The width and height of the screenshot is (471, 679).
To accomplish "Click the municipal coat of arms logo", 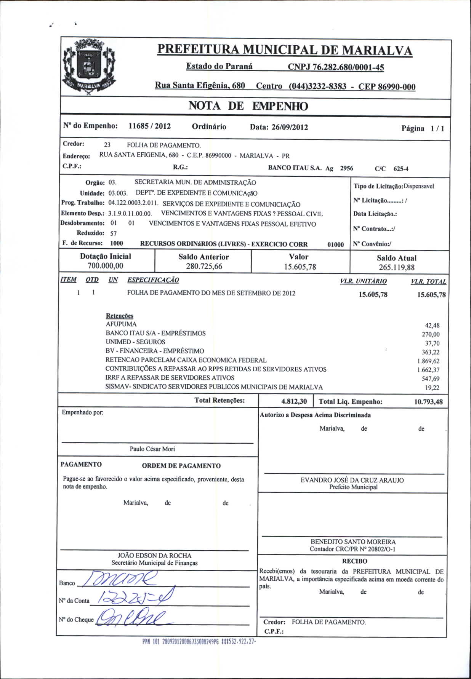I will coord(89,69).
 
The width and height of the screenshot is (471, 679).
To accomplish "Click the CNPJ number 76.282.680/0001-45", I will coord(336,67).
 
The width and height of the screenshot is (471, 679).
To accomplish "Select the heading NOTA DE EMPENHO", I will coord(248,106).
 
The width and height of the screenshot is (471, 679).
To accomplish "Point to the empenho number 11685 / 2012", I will coord(149,126).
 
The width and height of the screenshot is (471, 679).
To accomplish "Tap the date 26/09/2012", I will coord(290,127).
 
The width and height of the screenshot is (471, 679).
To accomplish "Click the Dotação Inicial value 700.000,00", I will coord(106,266).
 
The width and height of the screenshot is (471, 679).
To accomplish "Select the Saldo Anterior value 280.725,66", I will coord(204,266).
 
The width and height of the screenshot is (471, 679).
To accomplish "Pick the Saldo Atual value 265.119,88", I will coord(396,267).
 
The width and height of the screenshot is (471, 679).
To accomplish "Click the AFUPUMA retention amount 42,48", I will coord(432,325).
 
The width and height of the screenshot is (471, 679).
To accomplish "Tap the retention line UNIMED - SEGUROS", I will coord(135,342).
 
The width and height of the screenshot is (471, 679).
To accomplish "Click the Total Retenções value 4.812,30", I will coord(294,401).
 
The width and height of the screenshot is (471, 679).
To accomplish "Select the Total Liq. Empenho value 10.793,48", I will coord(428,402).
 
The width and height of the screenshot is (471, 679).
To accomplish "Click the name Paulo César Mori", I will coord(152,449).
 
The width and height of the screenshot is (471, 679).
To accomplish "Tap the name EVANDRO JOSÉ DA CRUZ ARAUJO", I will coord(352,480).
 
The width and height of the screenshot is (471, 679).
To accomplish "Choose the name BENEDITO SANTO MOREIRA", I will coord(353,542).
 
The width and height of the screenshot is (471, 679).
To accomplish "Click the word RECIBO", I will coord(354,561).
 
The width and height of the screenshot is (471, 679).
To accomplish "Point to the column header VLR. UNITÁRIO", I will coord(363,281).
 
